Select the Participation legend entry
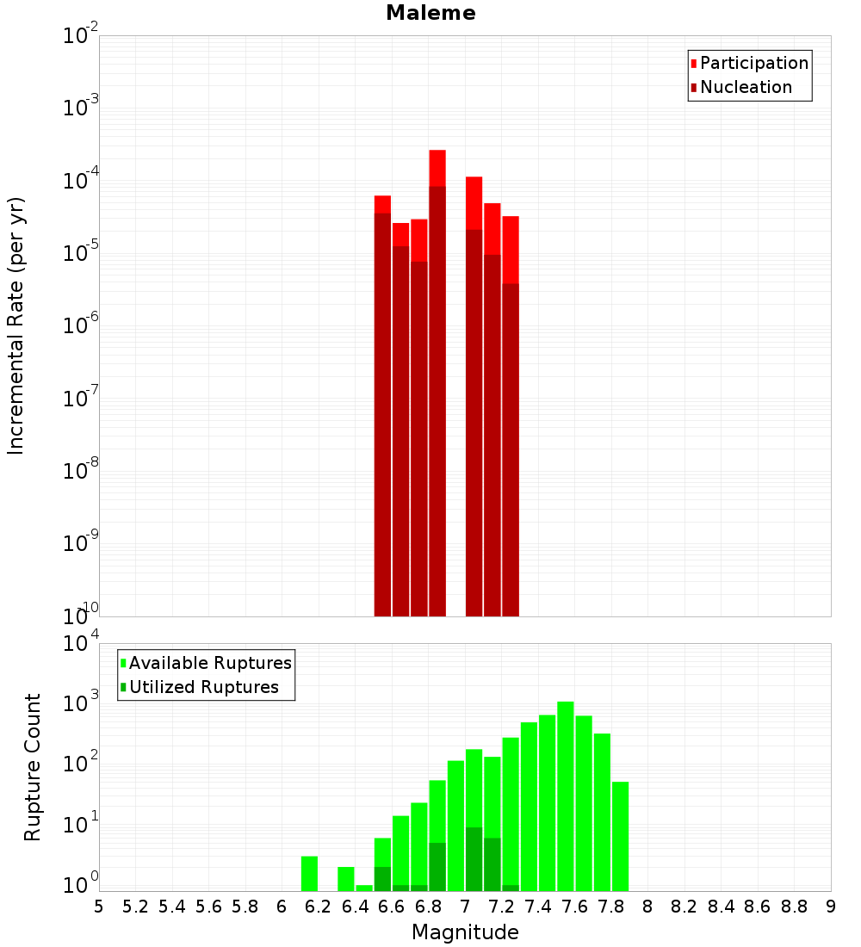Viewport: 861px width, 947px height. point(753,63)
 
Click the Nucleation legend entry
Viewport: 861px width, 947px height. point(745,87)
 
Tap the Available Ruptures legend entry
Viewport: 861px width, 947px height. point(209,663)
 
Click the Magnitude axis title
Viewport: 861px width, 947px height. point(465,932)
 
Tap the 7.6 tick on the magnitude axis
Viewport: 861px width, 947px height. point(575,907)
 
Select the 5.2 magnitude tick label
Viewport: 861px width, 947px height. point(135,907)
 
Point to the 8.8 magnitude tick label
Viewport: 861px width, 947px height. point(795,907)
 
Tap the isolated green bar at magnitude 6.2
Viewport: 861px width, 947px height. point(309,874)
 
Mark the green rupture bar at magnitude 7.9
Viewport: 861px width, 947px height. point(621,836)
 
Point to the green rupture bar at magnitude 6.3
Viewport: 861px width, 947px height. point(346,879)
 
